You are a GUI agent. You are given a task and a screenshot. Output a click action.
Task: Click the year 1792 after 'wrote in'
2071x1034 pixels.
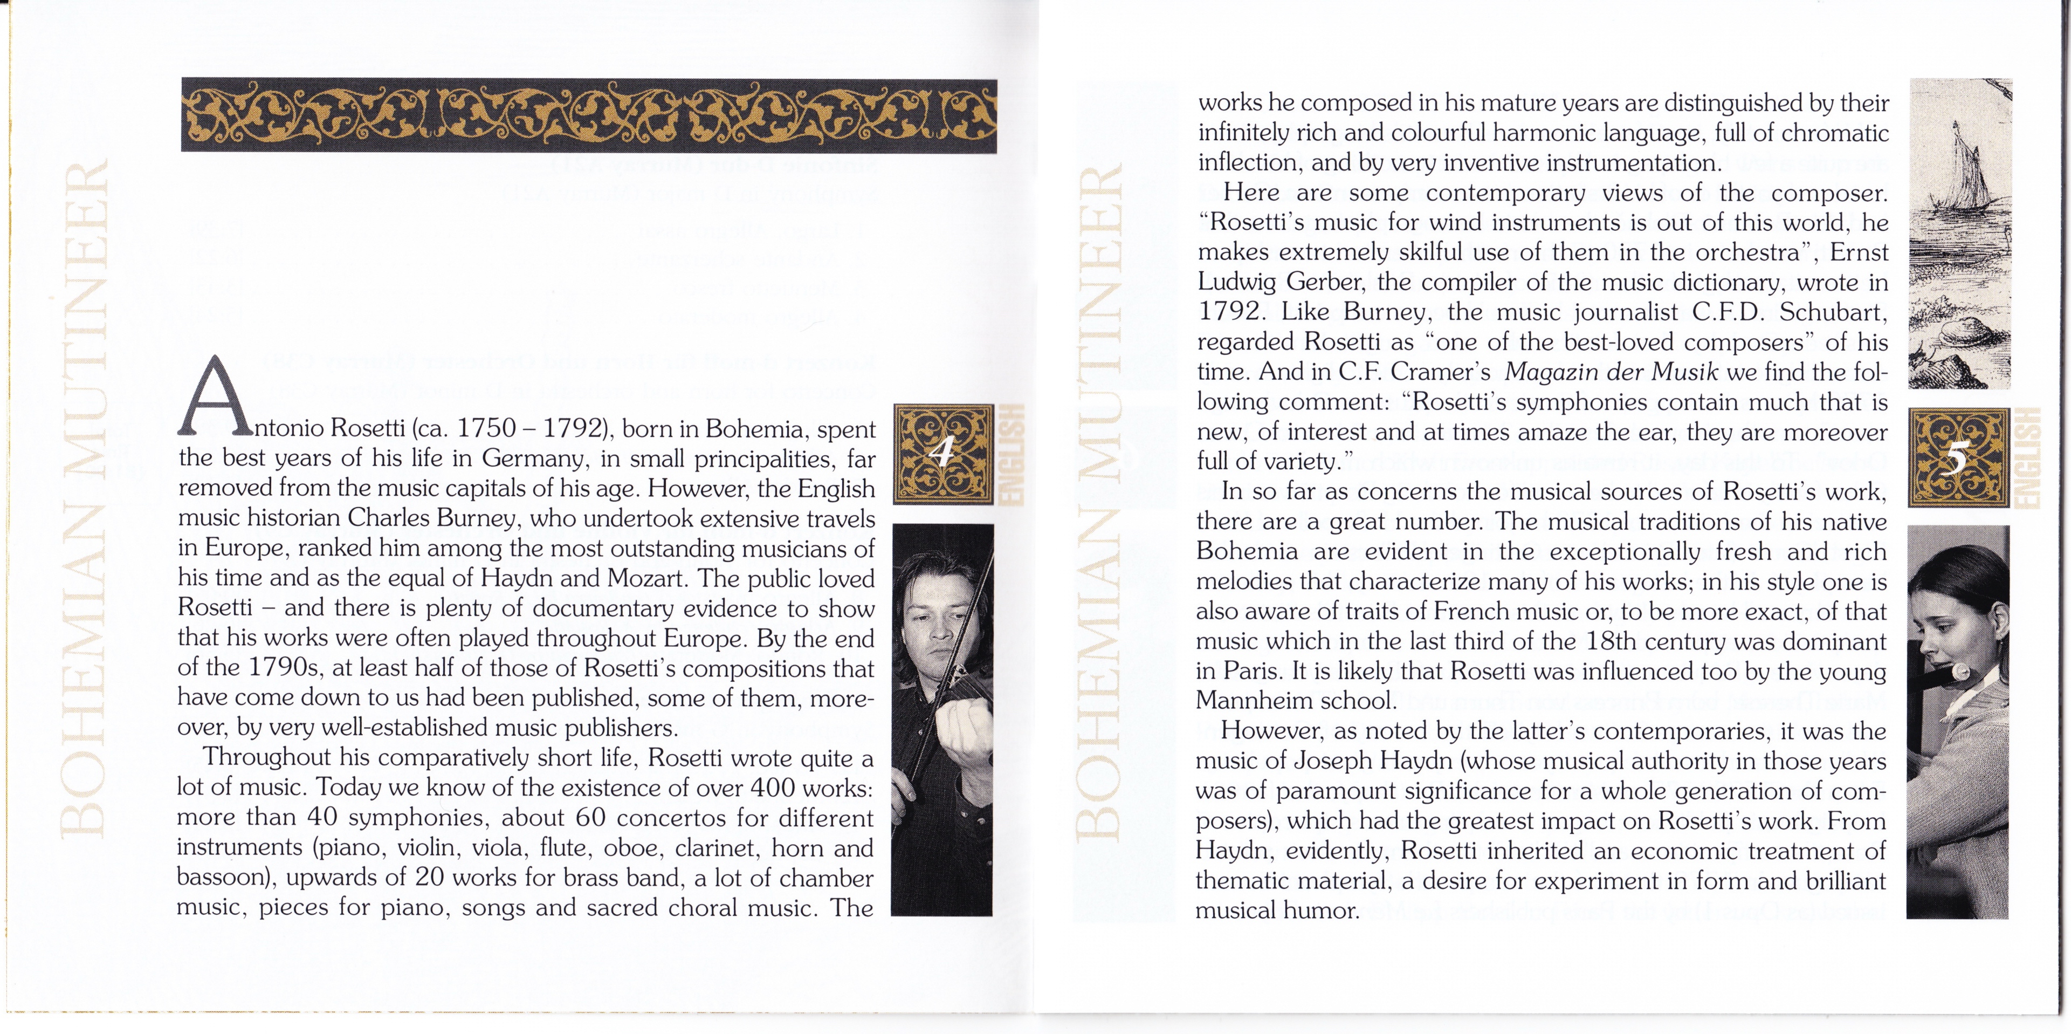[1231, 312]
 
